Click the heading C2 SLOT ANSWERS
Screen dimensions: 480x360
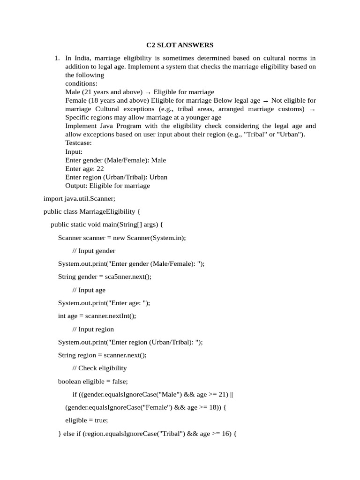tap(180, 45)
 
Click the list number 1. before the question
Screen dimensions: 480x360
tap(57, 58)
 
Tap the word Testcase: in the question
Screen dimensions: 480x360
tap(78, 143)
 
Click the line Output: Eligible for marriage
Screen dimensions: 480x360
tap(107, 186)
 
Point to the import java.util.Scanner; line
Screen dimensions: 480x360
tap(79, 199)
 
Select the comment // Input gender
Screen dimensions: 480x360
tap(94, 251)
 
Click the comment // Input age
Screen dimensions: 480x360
tap(89, 290)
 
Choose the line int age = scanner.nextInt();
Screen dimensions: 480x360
tap(97, 316)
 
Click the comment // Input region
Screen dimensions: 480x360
tap(93, 329)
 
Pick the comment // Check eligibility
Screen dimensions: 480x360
tap(99, 368)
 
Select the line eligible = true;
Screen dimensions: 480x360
tap(86, 420)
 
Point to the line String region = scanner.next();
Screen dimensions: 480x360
tap(102, 355)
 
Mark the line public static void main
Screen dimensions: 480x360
tap(106, 225)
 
